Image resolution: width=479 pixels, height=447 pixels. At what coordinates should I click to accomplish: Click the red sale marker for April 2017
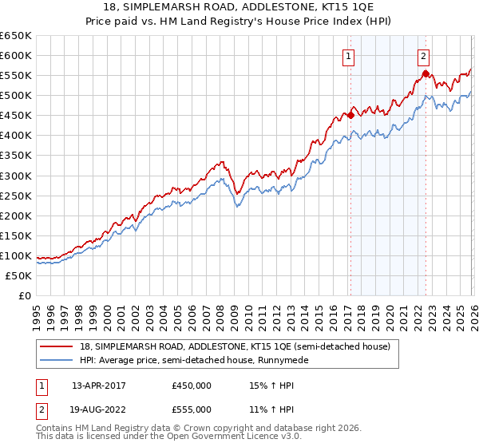350,115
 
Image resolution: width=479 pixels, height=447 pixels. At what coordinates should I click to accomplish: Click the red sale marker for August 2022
426,73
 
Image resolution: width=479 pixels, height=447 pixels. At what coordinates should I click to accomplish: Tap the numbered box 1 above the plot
350,56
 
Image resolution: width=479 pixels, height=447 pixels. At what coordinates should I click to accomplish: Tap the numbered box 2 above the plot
422,56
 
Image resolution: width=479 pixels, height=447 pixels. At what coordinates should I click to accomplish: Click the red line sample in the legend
57,347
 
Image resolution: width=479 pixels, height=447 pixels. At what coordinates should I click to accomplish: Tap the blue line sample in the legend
57,361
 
